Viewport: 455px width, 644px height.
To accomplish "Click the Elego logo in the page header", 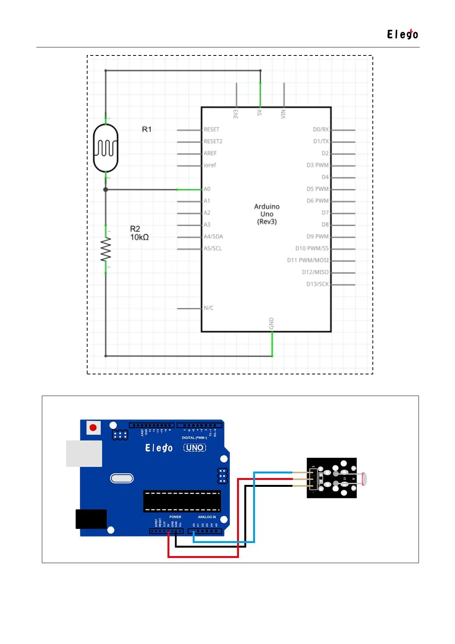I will [x=402, y=34].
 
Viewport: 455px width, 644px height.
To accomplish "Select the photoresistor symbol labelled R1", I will [x=106, y=148].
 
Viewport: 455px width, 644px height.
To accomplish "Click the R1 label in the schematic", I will [x=146, y=129].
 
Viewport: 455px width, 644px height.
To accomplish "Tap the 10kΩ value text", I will [x=139, y=237].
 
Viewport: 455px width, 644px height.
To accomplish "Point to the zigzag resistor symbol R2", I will [x=106, y=249].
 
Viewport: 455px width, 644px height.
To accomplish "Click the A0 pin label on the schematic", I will [x=207, y=189].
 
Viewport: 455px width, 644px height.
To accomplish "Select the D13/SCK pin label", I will [x=317, y=284].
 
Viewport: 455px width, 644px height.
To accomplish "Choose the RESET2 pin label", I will [x=213, y=141].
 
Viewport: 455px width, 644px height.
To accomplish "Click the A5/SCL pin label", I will [x=213, y=249].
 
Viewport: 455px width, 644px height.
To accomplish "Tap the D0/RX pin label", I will [x=320, y=130].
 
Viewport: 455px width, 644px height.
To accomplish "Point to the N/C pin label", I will [x=208, y=308].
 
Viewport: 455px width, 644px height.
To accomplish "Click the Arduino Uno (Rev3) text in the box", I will [x=267, y=214].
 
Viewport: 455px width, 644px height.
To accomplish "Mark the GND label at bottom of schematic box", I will [x=271, y=323].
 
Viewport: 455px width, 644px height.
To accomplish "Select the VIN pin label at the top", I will [x=283, y=114].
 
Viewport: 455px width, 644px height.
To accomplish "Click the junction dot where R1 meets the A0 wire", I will [x=106, y=190].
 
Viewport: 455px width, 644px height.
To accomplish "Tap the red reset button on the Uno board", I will [x=93, y=428].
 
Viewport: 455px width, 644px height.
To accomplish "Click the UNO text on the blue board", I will [x=195, y=447].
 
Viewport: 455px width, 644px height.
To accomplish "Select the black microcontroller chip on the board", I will [x=182, y=501].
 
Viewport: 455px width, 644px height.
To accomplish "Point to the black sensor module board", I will [x=331, y=478].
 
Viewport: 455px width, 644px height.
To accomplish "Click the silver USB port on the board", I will [x=84, y=454].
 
